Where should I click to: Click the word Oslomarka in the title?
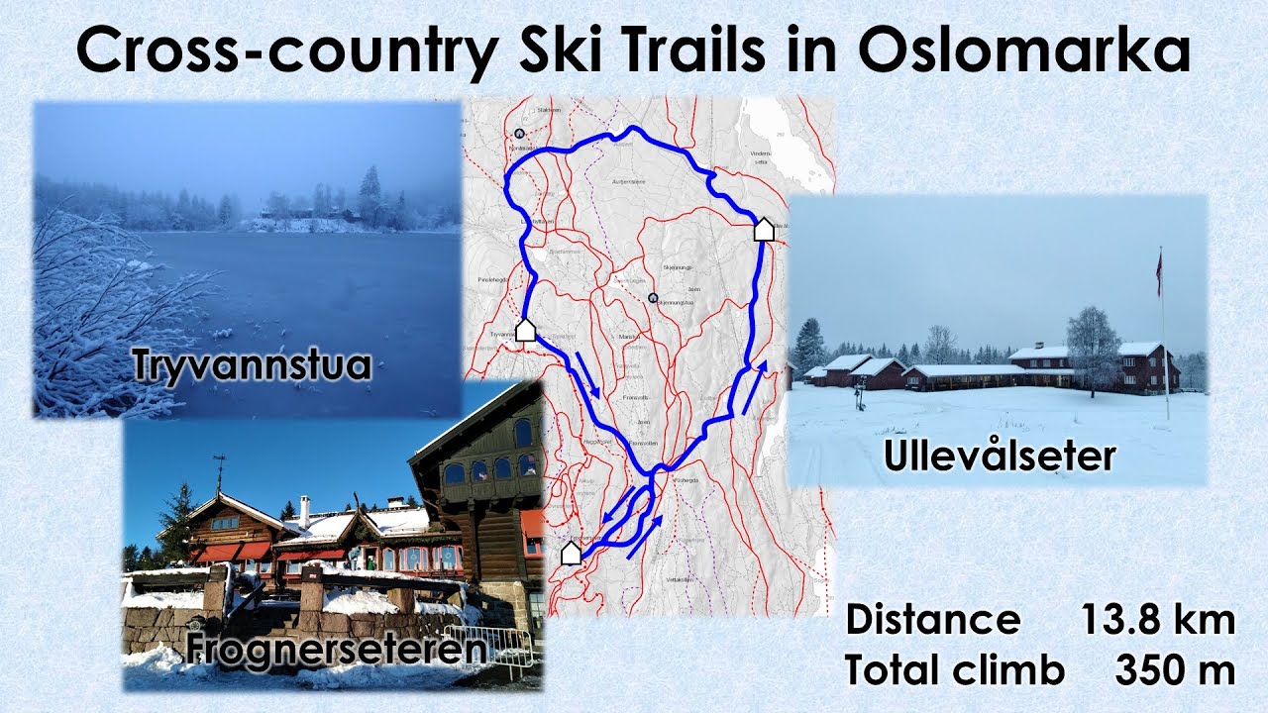[x=1024, y=51]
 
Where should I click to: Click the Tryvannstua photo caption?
[x=253, y=365]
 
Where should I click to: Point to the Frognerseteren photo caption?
[x=337, y=650]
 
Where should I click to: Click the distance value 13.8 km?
[x=1157, y=621]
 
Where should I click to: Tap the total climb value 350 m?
[x=1175, y=670]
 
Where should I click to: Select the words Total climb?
[x=954, y=670]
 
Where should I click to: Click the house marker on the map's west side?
[x=525, y=330]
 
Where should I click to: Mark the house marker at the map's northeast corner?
[x=763, y=230]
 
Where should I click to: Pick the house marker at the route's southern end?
[x=571, y=554]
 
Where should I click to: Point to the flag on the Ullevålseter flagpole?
[x=1158, y=272]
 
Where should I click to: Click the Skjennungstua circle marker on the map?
[x=652, y=297]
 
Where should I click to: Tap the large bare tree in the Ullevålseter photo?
[x=1093, y=342]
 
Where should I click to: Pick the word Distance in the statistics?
[x=932, y=621]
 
